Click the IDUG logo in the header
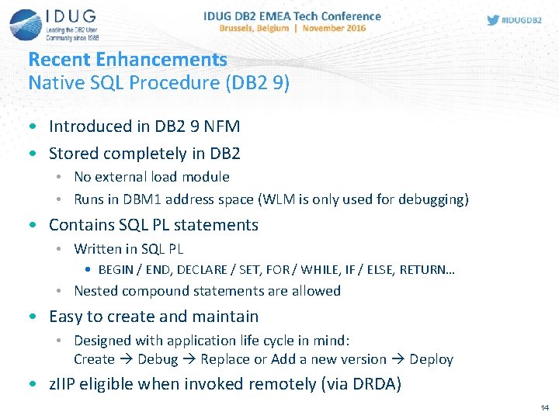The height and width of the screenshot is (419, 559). click(54, 24)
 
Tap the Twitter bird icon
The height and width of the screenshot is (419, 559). click(493, 20)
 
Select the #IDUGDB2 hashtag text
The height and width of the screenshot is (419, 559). click(523, 20)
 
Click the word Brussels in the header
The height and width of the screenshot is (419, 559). click(241, 28)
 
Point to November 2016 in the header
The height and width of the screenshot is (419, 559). click(335, 28)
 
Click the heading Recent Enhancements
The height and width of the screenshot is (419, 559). click(127, 60)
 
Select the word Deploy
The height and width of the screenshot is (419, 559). click(431, 359)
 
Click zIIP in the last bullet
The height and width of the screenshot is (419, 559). click(64, 384)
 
